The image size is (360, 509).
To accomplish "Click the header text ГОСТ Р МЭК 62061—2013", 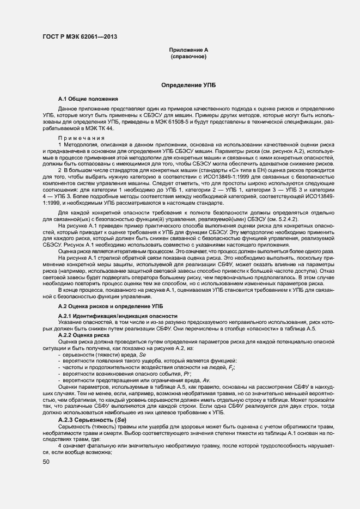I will click(x=80, y=37).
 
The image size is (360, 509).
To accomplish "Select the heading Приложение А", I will click(x=188, y=50).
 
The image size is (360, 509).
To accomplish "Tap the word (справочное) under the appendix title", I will click(x=188, y=57).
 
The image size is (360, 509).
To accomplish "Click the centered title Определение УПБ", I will click(x=188, y=85).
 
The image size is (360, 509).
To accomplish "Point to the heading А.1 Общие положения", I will click(x=88, y=99).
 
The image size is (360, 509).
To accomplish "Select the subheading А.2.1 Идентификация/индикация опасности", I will click(x=118, y=316).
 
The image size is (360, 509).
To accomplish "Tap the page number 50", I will click(x=46, y=462).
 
